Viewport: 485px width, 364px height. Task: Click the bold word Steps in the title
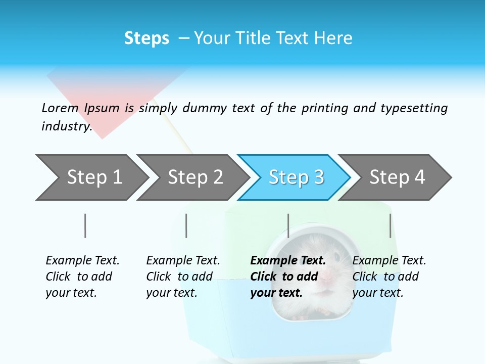[147, 38]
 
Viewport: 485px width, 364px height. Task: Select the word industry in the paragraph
[66, 126]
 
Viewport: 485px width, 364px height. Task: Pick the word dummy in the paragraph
[205, 108]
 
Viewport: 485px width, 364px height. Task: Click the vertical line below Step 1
[85, 225]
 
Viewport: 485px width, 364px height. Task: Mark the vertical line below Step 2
[186, 225]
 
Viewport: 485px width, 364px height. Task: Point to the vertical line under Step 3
[288, 225]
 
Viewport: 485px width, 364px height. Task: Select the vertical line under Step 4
[390, 225]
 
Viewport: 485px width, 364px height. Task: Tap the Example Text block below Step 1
[82, 276]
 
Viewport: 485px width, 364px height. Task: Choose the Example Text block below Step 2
[183, 276]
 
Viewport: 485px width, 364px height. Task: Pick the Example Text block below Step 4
[389, 276]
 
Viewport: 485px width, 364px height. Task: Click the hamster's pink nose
[328, 276]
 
